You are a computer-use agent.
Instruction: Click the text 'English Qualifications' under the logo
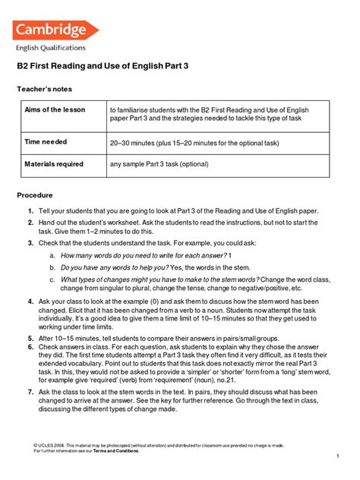click(x=51, y=48)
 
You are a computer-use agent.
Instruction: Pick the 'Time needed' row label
click(x=46, y=142)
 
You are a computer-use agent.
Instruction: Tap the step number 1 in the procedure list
click(x=30, y=210)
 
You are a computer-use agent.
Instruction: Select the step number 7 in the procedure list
click(x=30, y=391)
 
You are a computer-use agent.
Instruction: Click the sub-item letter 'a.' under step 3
click(x=52, y=256)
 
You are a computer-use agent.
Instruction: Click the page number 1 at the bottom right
click(x=336, y=456)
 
